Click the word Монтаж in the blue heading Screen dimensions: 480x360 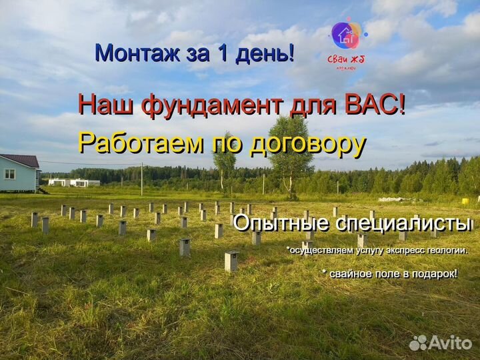coord(138,53)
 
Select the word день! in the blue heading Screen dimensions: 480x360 coord(265,53)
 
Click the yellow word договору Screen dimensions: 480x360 coord(308,146)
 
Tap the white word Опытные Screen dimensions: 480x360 coord(281,224)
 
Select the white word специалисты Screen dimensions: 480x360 coord(403,224)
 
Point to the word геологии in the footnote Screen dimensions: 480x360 coord(447,251)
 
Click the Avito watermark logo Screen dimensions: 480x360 coord(441,343)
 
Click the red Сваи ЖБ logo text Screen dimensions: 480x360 coord(345,59)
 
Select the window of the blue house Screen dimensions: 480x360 coord(10,174)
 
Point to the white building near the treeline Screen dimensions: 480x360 coord(74,183)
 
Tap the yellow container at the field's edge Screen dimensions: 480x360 coord(465,201)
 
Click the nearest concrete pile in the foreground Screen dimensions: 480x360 coord(232,261)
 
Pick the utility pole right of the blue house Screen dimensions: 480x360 coord(142,179)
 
